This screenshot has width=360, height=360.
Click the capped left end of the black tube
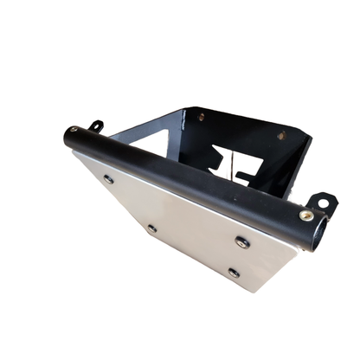coord(68,137)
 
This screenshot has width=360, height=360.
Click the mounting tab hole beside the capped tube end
coord(97,126)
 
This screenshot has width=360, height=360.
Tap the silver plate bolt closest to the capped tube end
coord(108,179)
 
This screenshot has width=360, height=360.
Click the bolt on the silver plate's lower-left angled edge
coord(152,228)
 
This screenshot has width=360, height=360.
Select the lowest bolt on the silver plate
coord(234,273)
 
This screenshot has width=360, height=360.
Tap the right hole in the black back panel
coord(280,136)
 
